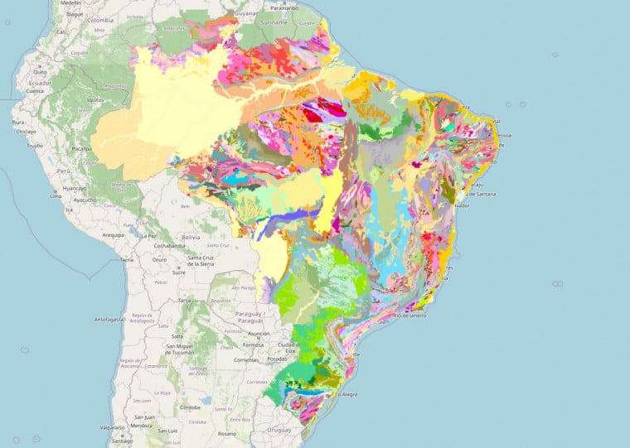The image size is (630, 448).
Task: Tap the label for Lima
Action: point(56,196)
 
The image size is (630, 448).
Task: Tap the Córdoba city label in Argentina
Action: point(193,407)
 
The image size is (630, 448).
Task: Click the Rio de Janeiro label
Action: point(409,316)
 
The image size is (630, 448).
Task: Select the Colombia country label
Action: point(100,19)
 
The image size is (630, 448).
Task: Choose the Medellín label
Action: point(71,3)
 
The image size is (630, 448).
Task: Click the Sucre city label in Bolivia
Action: point(177,271)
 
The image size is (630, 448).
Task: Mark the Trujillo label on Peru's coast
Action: point(35,145)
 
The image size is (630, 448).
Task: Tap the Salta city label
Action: point(177,335)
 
